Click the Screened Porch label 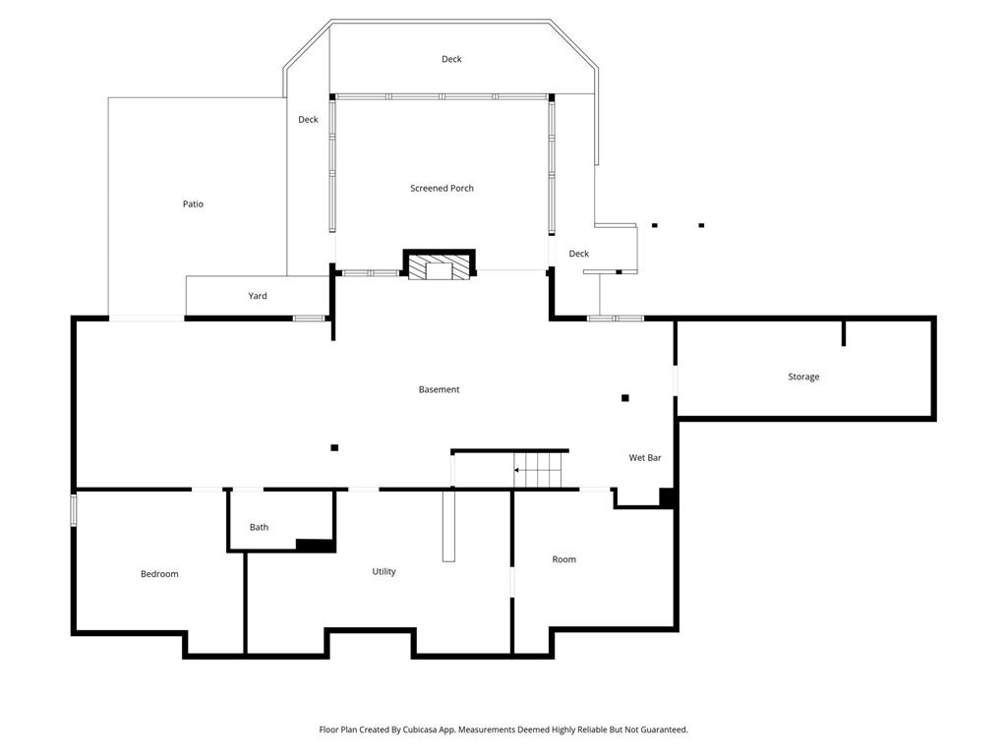(442, 188)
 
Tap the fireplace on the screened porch (440, 263)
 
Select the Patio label (193, 204)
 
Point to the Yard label (258, 296)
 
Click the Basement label (440, 389)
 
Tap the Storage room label (803, 377)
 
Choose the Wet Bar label (645, 458)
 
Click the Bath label (259, 527)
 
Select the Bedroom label (159, 574)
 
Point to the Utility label (385, 571)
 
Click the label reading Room (563, 559)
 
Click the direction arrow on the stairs (527, 470)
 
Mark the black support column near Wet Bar (624, 398)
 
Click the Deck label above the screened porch (451, 59)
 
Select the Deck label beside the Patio (308, 119)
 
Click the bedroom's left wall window (73, 510)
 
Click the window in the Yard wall (309, 319)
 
